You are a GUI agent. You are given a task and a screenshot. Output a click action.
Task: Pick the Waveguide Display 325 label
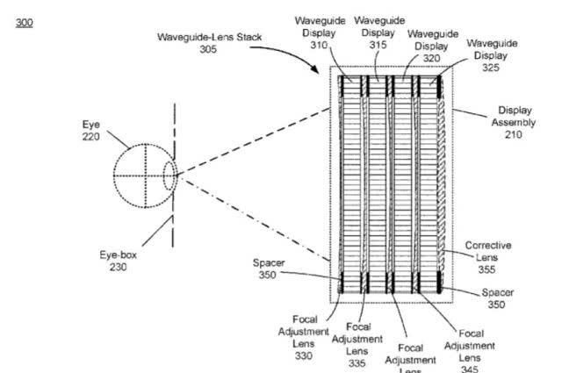(x=492, y=48)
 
